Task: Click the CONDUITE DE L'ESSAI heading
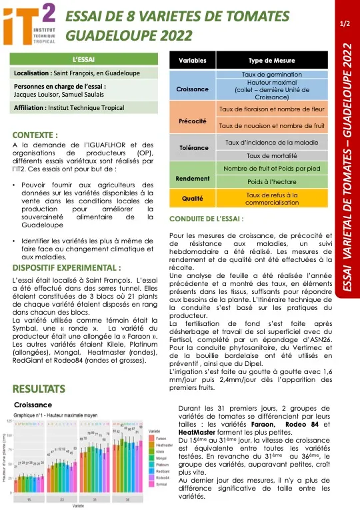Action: click(x=207, y=218)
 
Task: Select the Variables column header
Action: click(x=193, y=61)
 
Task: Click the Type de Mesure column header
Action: click(x=265, y=61)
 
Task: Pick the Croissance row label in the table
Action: click(x=193, y=89)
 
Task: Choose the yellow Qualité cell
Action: click(x=193, y=198)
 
